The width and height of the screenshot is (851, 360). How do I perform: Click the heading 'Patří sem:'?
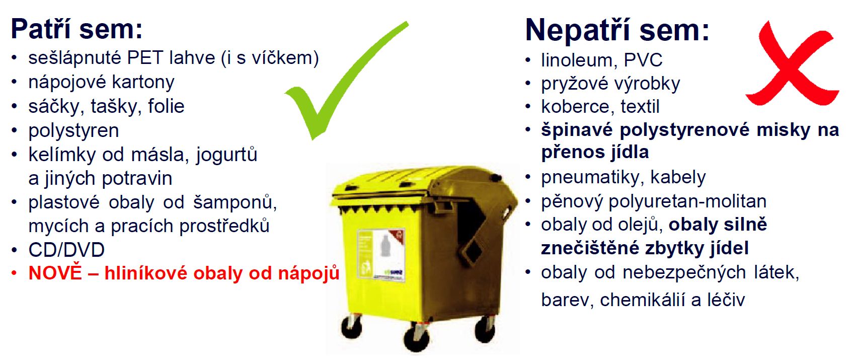(x=76, y=28)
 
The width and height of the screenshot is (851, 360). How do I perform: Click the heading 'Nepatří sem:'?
(x=617, y=30)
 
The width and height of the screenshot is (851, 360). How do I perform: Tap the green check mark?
(x=346, y=81)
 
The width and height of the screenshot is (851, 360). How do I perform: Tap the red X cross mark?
(x=793, y=63)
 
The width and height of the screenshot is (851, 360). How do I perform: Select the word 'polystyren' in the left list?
(x=73, y=131)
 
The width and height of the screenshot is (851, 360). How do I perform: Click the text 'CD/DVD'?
(x=66, y=250)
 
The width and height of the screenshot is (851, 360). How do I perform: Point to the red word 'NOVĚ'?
(x=55, y=272)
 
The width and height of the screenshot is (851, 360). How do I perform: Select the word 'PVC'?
(x=643, y=60)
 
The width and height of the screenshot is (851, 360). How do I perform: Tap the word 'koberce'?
(x=576, y=107)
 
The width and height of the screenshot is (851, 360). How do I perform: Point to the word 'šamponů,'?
(x=235, y=202)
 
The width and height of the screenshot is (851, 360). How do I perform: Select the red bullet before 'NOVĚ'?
(x=14, y=273)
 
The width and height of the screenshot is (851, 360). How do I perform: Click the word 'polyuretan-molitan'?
(x=687, y=202)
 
